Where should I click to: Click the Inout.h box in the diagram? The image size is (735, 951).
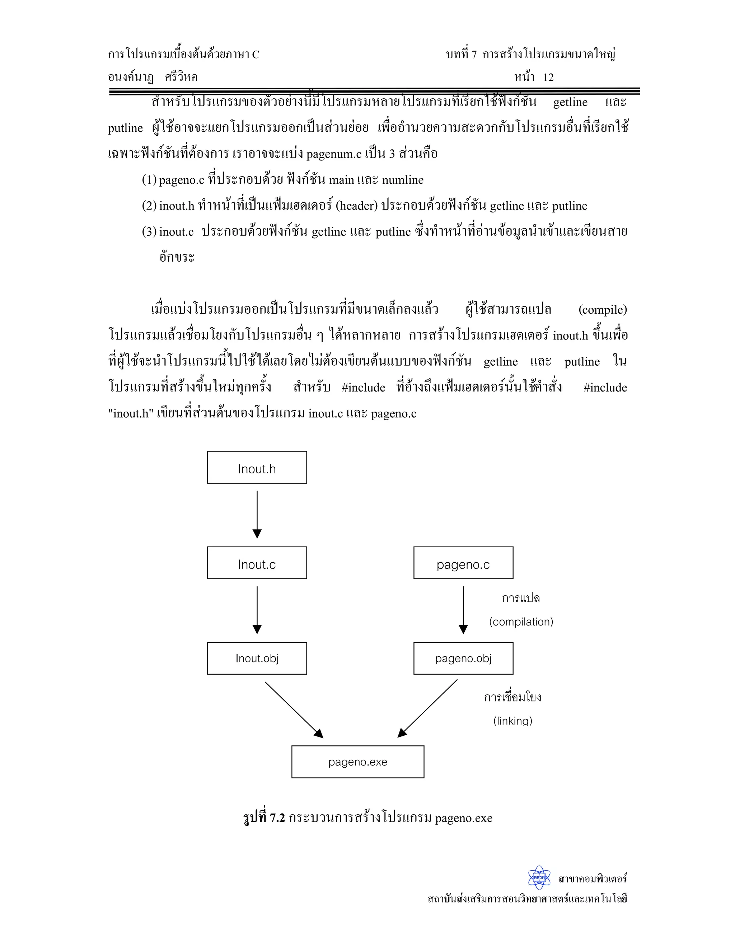(257, 467)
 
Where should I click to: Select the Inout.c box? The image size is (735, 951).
(257, 563)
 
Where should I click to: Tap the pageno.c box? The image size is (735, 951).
(463, 563)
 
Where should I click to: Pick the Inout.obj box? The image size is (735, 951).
(257, 658)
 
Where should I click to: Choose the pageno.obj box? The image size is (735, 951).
(463, 658)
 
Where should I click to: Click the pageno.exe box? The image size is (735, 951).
(357, 762)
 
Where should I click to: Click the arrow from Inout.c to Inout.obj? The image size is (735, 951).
(257, 610)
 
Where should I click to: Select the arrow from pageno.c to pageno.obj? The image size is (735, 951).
(463, 610)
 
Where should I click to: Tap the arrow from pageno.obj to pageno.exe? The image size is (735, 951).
(427, 708)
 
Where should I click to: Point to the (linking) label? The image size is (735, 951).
(512, 721)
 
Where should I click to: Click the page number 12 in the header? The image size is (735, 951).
(548, 78)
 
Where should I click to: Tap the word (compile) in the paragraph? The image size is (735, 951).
(602, 310)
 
